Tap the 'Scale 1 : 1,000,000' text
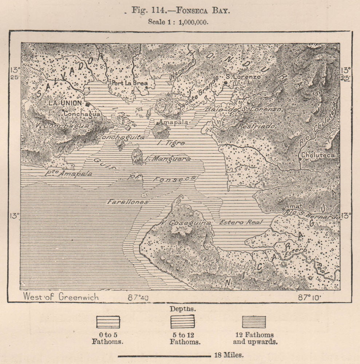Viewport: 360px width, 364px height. click(x=178, y=21)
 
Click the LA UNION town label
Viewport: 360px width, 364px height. click(x=66, y=103)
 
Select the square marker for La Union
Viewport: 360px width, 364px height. click(x=88, y=104)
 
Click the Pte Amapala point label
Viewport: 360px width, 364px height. click(x=68, y=174)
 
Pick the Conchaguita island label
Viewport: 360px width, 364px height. click(x=120, y=138)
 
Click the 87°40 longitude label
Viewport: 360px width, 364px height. click(x=138, y=297)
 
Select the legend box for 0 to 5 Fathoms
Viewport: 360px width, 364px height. click(x=107, y=322)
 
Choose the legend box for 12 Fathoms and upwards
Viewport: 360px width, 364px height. click(x=254, y=322)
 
